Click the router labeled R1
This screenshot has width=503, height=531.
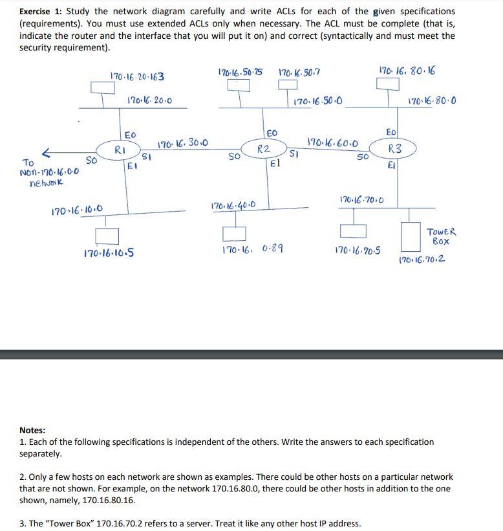[120, 150]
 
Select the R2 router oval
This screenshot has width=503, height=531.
[263, 150]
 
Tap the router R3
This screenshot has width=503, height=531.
[394, 149]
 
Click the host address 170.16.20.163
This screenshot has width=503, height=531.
[137, 76]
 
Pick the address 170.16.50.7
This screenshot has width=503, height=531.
[298, 72]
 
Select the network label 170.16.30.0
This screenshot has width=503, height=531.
[183, 142]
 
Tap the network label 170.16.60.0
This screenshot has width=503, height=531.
[334, 141]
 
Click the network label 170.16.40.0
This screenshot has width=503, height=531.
[233, 206]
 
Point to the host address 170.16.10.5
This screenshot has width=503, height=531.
[109, 253]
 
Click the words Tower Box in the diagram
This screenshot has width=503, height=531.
[442, 236]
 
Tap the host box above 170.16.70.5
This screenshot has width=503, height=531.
[352, 231]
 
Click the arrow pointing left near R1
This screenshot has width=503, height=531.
[46, 153]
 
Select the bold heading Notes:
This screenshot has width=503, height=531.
[32, 430]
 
